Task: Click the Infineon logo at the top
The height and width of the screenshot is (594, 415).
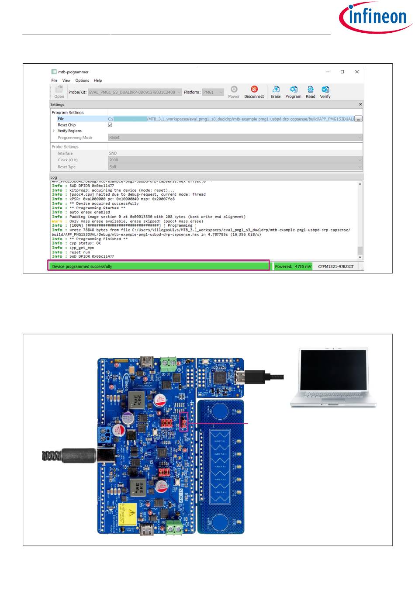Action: pos(376,17)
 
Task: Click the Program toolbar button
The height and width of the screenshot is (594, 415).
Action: pos(293,92)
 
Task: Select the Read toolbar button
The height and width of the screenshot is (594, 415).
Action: pos(310,92)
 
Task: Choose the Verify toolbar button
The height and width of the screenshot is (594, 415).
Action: pos(325,92)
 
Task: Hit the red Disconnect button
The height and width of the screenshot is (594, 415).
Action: pos(254,92)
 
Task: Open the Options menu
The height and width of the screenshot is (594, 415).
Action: pos(82,80)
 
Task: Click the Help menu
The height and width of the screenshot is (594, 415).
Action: pos(98,80)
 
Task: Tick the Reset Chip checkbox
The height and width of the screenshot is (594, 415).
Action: pos(110,125)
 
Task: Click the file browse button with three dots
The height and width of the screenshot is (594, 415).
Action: pos(358,119)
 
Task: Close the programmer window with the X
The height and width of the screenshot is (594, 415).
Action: pos(357,72)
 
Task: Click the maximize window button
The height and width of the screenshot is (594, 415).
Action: pos(342,72)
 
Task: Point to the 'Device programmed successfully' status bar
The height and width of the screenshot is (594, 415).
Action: pos(159,266)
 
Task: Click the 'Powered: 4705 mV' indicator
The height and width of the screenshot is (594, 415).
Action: pos(293,266)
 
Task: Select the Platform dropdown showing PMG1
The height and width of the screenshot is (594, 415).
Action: pos(213,92)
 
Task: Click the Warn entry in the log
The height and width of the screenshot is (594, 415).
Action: pos(57,221)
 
